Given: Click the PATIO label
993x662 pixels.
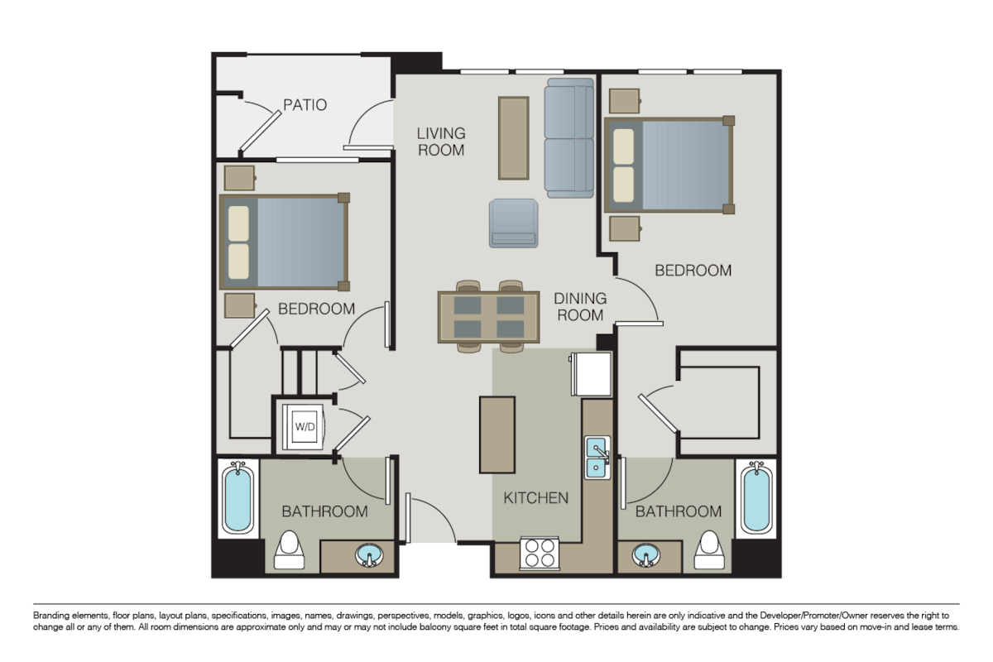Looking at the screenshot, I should (305, 105).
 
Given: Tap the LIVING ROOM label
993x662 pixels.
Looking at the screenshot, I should (440, 142).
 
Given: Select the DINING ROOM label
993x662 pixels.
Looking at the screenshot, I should (580, 306).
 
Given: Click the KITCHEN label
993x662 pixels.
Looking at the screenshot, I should (536, 497).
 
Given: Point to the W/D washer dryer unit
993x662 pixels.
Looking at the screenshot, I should (305, 427).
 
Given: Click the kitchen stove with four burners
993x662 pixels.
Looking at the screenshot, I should (539, 553).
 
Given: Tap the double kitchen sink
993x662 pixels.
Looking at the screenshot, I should (597, 458).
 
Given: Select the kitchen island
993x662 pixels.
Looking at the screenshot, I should (496, 434).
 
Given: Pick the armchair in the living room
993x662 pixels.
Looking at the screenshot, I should (514, 223).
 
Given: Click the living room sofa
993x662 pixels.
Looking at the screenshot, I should (569, 138).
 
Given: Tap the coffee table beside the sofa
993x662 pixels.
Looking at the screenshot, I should (513, 137).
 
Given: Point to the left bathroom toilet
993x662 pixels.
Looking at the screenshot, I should (289, 551).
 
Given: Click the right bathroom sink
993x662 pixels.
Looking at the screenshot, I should (645, 556).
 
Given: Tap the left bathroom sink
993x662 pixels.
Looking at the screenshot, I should (370, 555).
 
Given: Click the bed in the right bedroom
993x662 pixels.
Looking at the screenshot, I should (669, 165).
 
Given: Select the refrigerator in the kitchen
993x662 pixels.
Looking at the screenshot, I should (589, 374).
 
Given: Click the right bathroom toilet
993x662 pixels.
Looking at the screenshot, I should (708, 551).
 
